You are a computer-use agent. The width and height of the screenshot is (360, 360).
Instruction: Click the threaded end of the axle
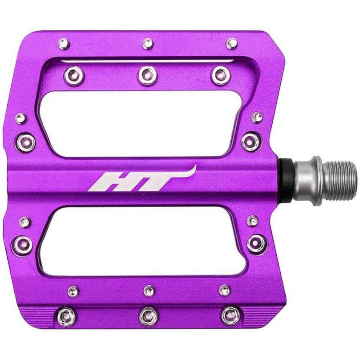342,180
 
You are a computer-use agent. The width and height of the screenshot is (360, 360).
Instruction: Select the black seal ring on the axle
286,181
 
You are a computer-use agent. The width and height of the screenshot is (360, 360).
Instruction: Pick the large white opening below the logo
142,241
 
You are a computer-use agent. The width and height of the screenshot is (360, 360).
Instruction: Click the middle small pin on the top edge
148,44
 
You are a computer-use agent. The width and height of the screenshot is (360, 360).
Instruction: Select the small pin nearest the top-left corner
64,44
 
